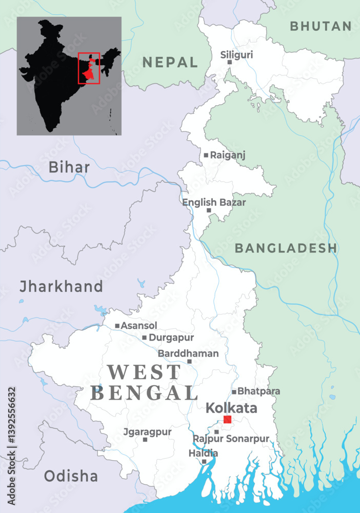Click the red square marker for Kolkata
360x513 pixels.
(x=227, y=420)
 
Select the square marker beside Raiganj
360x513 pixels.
(x=206, y=155)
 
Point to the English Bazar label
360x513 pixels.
(x=214, y=202)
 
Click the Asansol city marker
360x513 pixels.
(x=117, y=326)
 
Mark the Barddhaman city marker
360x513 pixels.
(x=189, y=362)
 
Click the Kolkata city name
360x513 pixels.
(x=231, y=408)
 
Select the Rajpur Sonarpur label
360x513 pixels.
(x=231, y=439)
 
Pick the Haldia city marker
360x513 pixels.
(x=204, y=462)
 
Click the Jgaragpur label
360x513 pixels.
(x=148, y=432)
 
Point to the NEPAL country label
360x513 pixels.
(x=170, y=63)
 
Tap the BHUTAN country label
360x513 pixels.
(x=321, y=26)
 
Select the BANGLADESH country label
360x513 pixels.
(x=286, y=248)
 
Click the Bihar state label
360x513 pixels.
(x=69, y=167)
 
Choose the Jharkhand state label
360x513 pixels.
(x=61, y=286)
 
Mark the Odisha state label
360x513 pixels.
(x=71, y=476)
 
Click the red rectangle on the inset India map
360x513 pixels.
(x=89, y=68)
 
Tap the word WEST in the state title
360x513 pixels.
(x=144, y=371)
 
